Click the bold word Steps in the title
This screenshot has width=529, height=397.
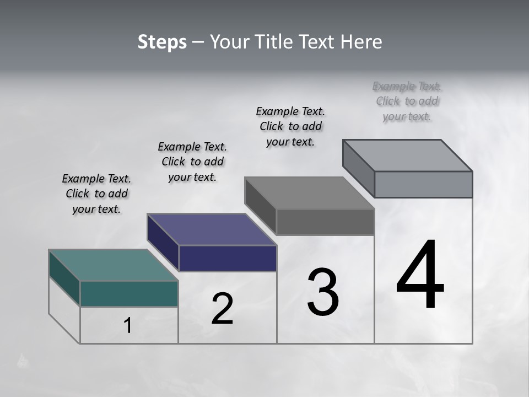pyautogui.click(x=162, y=42)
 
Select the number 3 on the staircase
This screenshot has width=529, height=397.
pyautogui.click(x=323, y=292)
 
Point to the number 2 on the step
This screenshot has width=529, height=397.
pyautogui.click(x=222, y=309)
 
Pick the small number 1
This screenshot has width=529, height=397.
pyautogui.click(x=128, y=325)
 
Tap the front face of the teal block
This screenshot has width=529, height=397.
pyautogui.click(x=129, y=293)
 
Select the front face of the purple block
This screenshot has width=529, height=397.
pyautogui.click(x=228, y=258)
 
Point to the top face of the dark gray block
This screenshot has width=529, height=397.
pyautogui.click(x=309, y=193)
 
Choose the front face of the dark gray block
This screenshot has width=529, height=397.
pyautogui.click(x=325, y=222)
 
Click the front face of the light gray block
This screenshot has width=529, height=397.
pyautogui.click(x=423, y=184)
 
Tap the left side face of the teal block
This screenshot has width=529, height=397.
pyautogui.click(x=64, y=278)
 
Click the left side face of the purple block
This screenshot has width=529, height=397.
pyautogui.click(x=163, y=242)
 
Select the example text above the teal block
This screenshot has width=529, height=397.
pyautogui.click(x=96, y=194)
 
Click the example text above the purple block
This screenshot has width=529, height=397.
pyautogui.click(x=192, y=162)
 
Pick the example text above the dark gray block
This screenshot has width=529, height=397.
pyautogui.click(x=290, y=126)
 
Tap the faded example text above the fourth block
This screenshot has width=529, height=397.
pyautogui.click(x=407, y=101)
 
